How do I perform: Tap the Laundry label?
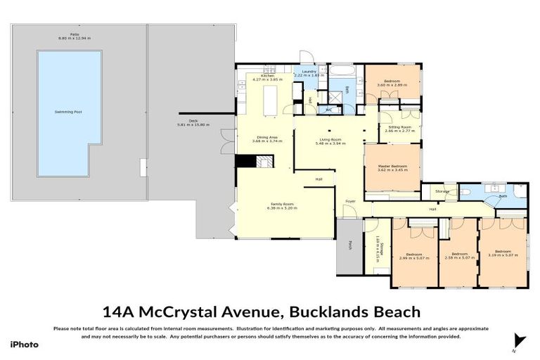pyautogui.click(x=308, y=71)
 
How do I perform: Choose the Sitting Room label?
pyautogui.click(x=399, y=127)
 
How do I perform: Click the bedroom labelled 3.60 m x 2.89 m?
pyautogui.click(x=392, y=83)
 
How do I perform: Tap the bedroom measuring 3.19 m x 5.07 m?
pyautogui.click(x=502, y=253)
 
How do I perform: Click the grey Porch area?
pyautogui.click(x=349, y=246)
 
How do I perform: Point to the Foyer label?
pyautogui.click(x=349, y=202)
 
